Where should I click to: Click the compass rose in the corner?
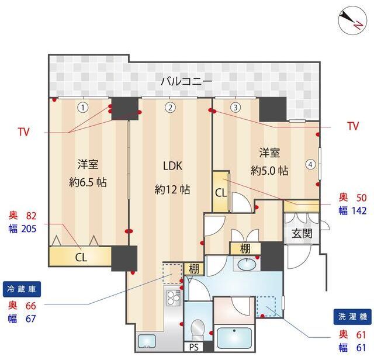353,21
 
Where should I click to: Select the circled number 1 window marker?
83,108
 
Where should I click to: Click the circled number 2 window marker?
170,108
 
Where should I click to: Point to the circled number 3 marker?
236,108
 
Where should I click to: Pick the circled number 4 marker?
310,164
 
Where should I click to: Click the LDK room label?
173,166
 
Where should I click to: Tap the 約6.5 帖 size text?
88,182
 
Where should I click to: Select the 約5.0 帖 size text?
269,171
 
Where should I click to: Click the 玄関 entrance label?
302,233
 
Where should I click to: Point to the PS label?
193,347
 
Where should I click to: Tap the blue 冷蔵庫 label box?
22,289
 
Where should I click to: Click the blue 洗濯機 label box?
352,317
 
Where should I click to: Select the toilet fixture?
198,330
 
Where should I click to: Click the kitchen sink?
147,341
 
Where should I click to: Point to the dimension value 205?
29,229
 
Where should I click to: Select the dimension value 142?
359,210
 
